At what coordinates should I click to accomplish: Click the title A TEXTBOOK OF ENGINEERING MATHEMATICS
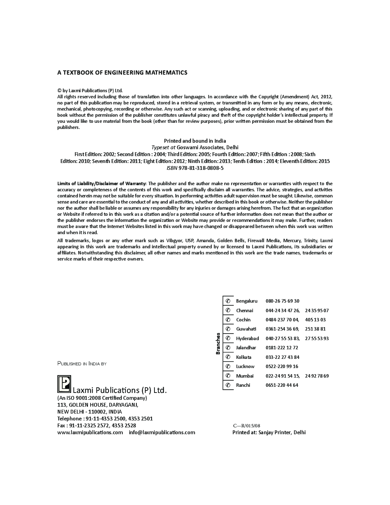coord(122,72)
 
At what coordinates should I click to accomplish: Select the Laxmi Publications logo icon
coord(64,384)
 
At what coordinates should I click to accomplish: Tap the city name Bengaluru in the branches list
coord(247,301)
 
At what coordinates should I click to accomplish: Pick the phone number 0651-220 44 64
coord(282,385)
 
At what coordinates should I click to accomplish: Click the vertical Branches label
coord(218,343)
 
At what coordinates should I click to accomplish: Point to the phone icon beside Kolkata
coord(228,357)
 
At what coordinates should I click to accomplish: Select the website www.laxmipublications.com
coord(90,432)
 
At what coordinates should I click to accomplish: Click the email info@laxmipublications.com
coord(162,432)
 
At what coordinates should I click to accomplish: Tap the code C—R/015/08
coord(247,425)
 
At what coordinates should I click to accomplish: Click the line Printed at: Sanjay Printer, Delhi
coord(269,432)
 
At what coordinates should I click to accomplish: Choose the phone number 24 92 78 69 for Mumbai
coord(317,376)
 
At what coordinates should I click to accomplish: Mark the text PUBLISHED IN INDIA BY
coord(82,363)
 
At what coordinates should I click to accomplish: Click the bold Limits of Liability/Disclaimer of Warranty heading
coord(102,184)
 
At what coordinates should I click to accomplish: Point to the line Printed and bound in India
coord(195,141)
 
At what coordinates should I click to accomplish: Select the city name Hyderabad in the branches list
coord(247,338)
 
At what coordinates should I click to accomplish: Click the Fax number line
coord(96,425)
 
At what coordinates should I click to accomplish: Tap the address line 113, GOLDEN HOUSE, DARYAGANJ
coord(97,405)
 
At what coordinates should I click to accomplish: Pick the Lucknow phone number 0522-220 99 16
coord(282,367)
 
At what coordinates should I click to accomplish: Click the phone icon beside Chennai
coord(228,310)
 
